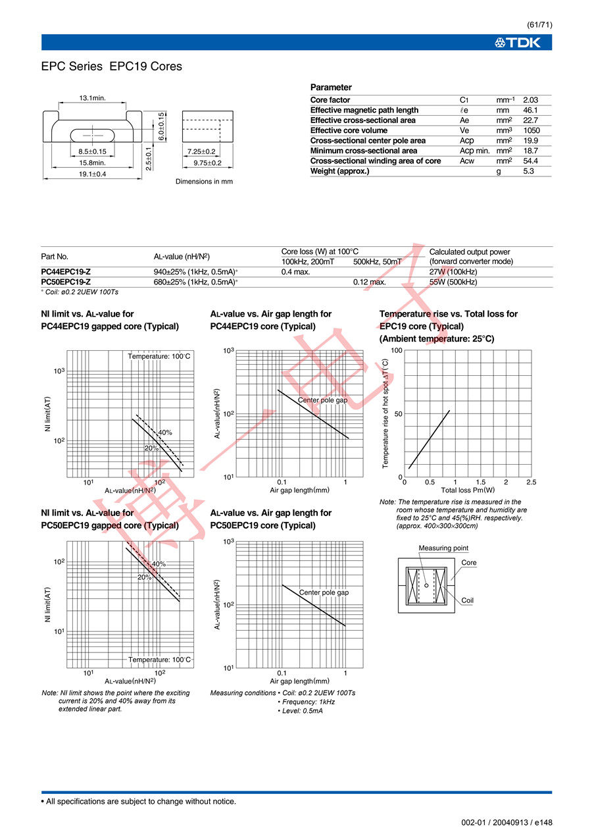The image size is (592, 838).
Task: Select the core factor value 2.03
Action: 530,100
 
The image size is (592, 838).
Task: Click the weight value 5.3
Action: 528,171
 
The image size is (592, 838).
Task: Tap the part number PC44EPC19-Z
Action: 66,272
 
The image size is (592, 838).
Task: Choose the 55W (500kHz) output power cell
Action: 453,282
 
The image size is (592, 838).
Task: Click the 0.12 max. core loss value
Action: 369,282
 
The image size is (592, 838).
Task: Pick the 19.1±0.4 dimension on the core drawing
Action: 92,174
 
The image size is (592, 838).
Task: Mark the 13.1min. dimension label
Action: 93,98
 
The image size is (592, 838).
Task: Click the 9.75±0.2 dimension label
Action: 207,163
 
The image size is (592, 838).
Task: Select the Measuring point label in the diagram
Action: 443,548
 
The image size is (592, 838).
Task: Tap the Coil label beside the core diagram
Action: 468,600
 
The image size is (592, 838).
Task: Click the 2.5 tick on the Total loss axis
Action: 531,483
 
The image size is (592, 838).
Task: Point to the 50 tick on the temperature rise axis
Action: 397,414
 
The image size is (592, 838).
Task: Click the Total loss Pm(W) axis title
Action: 468,490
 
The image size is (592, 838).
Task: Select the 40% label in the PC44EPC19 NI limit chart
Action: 165,432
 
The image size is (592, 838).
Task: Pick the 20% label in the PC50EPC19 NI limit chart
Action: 145,577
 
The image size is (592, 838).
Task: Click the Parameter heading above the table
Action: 331,88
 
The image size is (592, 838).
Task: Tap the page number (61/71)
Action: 539,25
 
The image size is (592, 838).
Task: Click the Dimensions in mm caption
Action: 204,182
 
